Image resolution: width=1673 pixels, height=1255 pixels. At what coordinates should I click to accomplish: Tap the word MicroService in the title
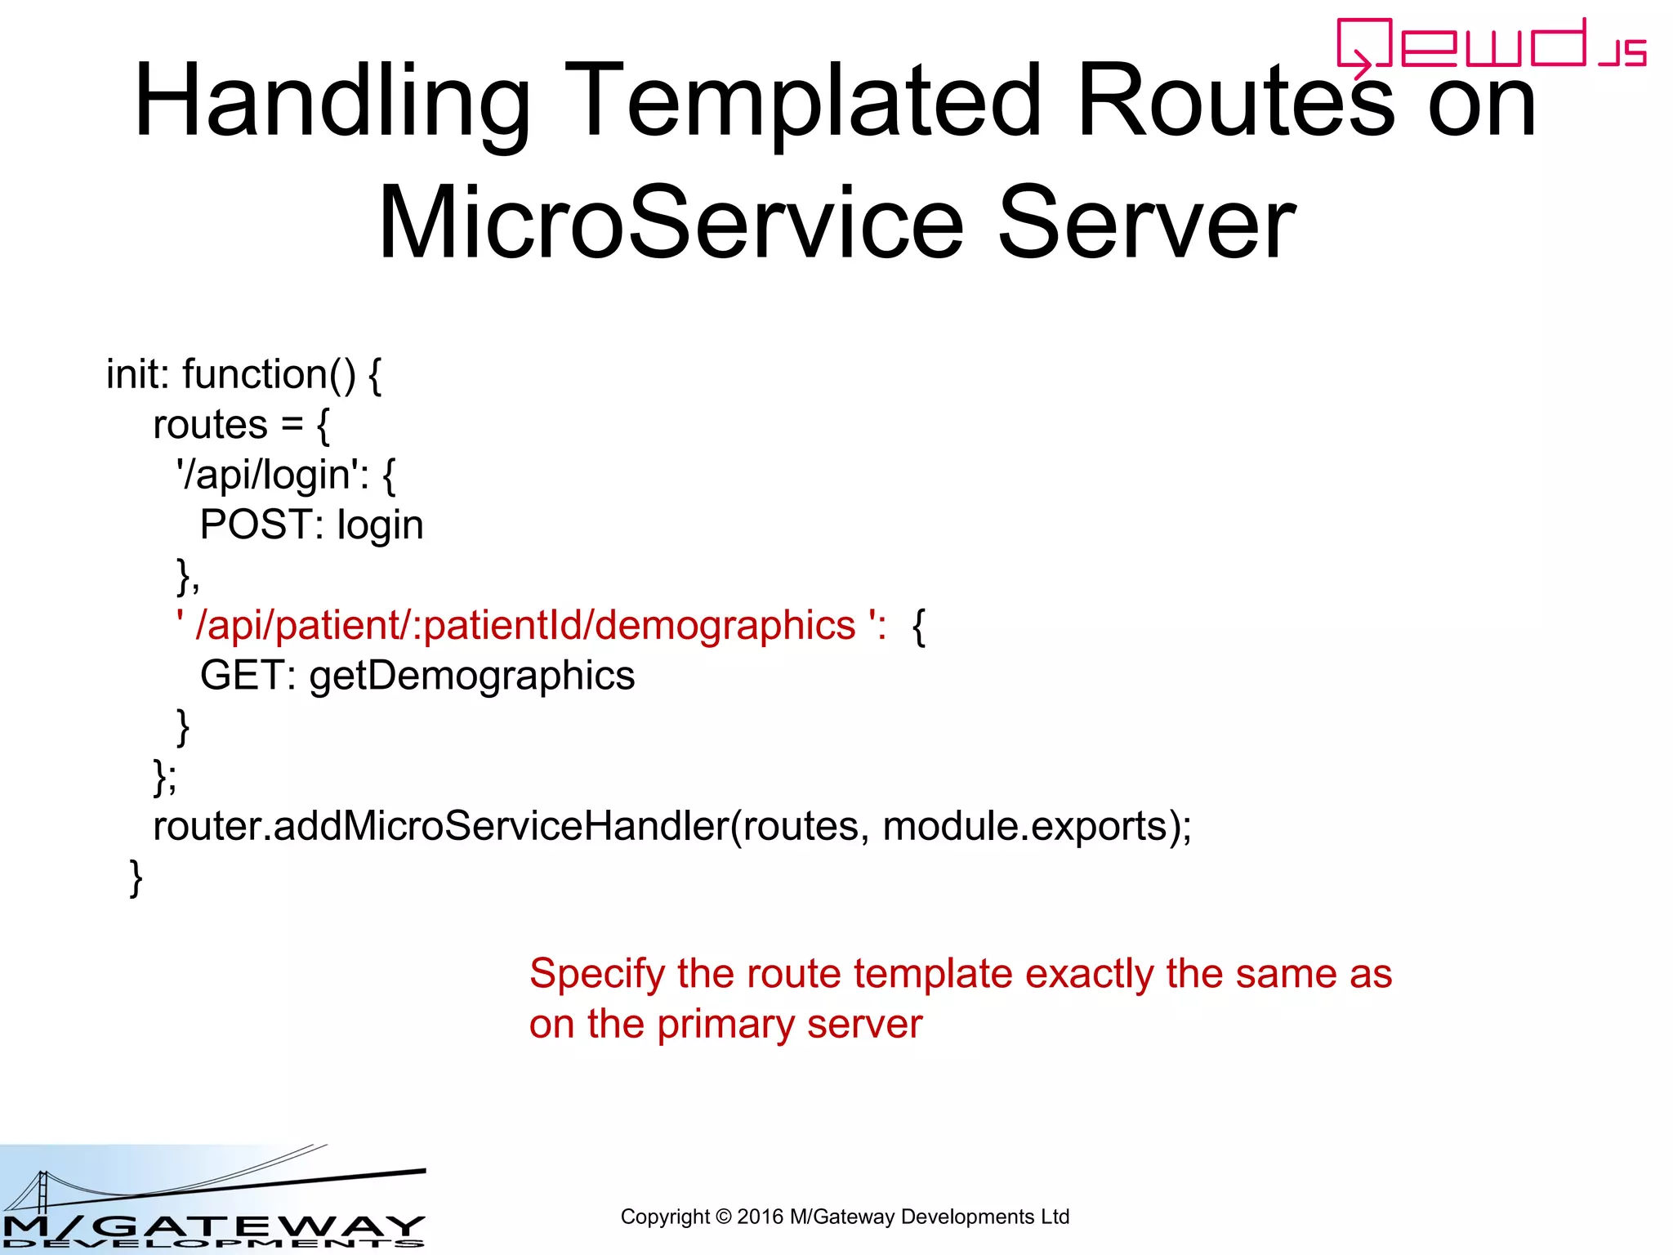[671, 222]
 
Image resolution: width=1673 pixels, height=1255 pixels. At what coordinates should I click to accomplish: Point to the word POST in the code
[256, 525]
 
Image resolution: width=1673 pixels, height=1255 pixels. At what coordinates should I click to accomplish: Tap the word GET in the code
[241, 676]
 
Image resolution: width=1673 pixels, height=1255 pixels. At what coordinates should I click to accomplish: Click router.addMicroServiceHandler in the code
[440, 826]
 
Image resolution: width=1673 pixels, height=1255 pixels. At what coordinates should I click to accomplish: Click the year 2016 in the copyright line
[760, 1217]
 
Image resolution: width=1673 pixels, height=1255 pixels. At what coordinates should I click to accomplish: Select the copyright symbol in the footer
[723, 1217]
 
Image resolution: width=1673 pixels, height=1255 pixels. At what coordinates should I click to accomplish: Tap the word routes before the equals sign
[210, 425]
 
